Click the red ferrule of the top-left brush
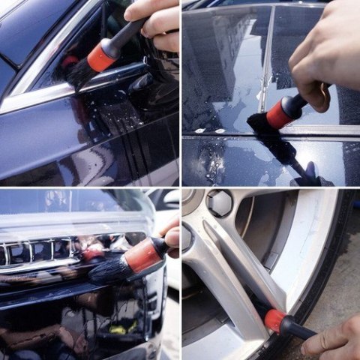(102, 55)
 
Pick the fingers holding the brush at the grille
(171, 236)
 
